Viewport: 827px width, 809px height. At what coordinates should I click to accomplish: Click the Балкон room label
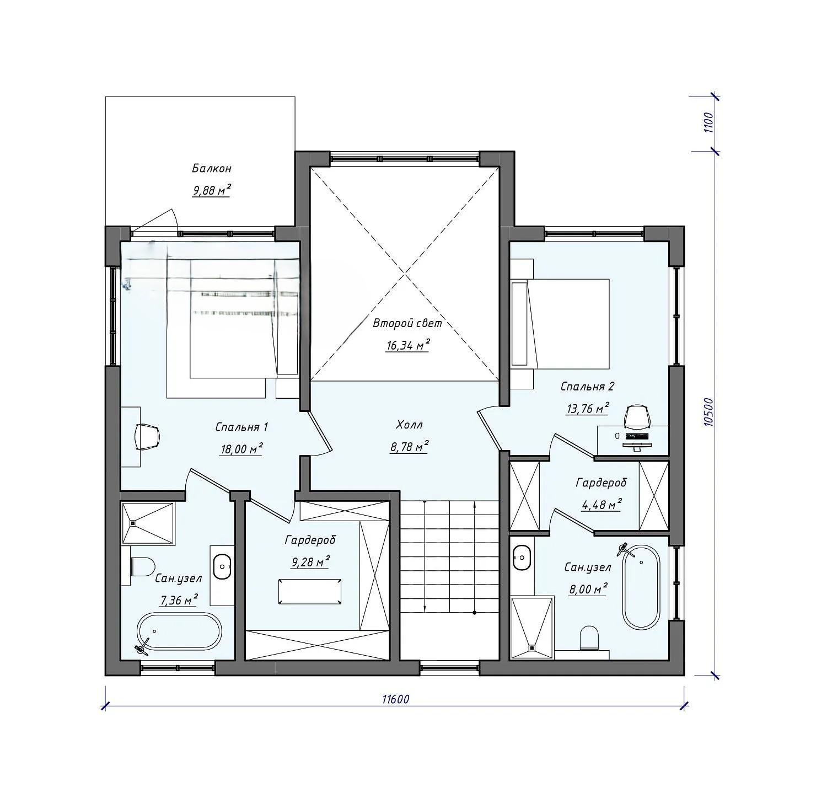click(212, 168)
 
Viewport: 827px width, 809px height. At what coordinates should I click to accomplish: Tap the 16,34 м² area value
click(407, 346)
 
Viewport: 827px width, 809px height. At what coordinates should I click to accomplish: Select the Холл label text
click(409, 425)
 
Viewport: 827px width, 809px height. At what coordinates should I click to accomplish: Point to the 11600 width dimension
click(395, 699)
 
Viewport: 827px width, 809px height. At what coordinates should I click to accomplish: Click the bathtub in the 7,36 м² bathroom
click(179, 633)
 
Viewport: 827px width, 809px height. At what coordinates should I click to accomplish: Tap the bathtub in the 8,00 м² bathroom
click(641, 587)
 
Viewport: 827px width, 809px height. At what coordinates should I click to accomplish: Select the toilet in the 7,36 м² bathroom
click(142, 566)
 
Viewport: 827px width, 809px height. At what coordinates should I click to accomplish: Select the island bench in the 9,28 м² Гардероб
click(310, 592)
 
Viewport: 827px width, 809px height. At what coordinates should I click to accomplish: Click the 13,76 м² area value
click(588, 408)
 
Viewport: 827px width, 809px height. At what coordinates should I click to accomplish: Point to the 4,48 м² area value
click(602, 504)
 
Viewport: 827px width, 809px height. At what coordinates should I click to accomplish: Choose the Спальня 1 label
click(241, 427)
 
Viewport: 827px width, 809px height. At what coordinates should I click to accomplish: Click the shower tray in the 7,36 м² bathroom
click(148, 523)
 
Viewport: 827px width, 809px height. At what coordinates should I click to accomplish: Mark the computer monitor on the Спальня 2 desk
click(638, 436)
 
